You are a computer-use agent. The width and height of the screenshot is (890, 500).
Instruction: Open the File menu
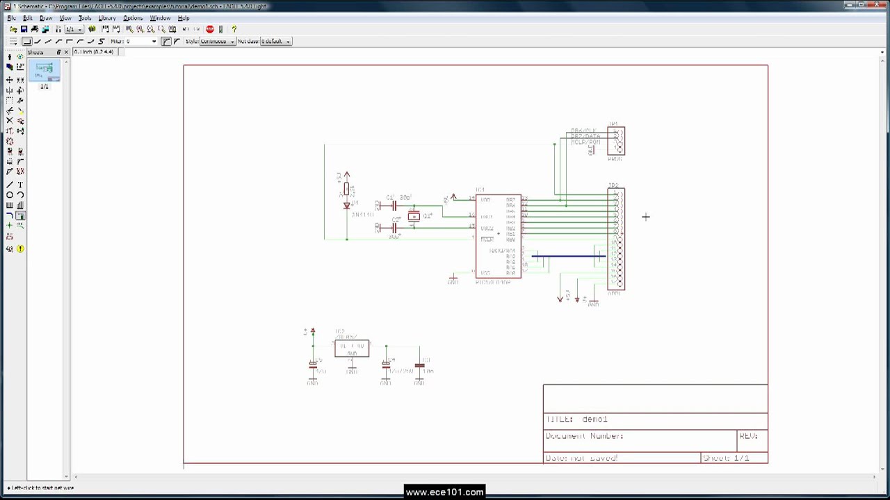tap(12, 18)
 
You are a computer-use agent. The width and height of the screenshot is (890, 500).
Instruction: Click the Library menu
tap(106, 18)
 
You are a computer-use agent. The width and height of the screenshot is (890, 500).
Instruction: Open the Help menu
tap(184, 18)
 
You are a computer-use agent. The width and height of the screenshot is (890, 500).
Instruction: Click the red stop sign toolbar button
tap(210, 29)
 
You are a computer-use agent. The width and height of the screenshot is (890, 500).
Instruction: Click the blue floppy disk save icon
tap(24, 29)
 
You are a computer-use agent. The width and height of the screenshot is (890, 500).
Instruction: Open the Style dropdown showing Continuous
tap(217, 42)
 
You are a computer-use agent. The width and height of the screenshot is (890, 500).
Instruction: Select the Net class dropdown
tap(275, 42)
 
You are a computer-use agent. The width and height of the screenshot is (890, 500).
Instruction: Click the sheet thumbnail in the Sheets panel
tap(44, 69)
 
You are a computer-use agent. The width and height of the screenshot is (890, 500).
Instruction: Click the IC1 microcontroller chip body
tap(498, 236)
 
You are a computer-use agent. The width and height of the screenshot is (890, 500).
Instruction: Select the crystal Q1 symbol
tap(414, 217)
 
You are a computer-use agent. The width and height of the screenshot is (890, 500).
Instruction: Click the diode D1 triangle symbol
tap(347, 206)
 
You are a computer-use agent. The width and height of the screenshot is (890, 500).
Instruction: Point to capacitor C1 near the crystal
tap(394, 206)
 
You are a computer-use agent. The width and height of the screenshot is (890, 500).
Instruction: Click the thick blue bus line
tap(568, 256)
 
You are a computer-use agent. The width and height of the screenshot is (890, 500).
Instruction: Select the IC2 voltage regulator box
tap(352, 349)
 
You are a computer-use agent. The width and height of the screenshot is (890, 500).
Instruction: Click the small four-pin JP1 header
tap(616, 141)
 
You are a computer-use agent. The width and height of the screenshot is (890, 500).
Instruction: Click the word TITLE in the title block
tap(559, 419)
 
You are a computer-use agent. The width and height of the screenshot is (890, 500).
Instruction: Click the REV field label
tap(748, 436)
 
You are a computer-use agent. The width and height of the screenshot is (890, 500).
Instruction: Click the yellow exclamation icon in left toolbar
tap(20, 249)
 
